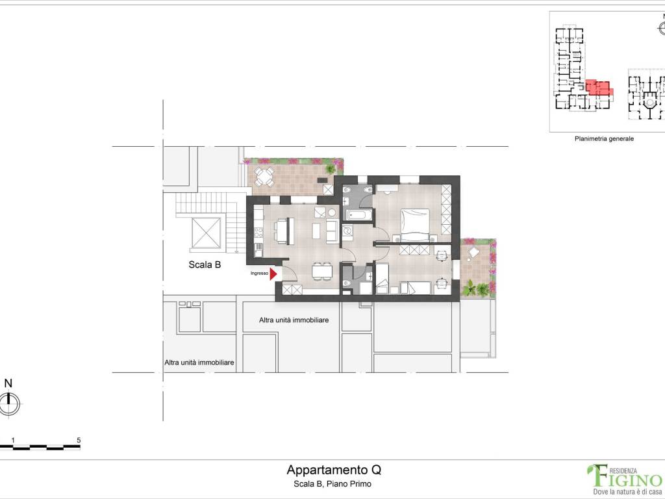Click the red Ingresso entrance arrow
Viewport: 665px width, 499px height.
pos(273,274)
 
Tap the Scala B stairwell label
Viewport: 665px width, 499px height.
pos(205,265)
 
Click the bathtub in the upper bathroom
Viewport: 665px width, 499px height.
pos(358,214)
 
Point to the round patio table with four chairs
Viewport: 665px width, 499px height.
pos(265,177)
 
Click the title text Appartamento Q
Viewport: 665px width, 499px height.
pos(334,470)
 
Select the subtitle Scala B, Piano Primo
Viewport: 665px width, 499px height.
pos(332,483)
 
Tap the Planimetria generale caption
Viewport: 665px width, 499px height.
pos(604,139)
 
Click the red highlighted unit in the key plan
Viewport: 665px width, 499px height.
pos(599,88)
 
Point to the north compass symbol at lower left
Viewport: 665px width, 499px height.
pos(9,403)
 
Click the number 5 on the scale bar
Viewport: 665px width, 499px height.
pos(79,441)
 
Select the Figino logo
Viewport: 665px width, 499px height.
pos(625,479)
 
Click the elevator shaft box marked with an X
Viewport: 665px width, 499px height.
pos(206,233)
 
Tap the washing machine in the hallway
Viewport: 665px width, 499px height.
pos(348,232)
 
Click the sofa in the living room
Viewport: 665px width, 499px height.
pos(332,231)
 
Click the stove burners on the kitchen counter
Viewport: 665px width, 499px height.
pos(258,233)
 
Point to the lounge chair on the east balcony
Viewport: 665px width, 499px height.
pos(473,253)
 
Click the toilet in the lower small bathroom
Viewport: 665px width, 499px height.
pos(347,283)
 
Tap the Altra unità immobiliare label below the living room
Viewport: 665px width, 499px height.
pos(294,320)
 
